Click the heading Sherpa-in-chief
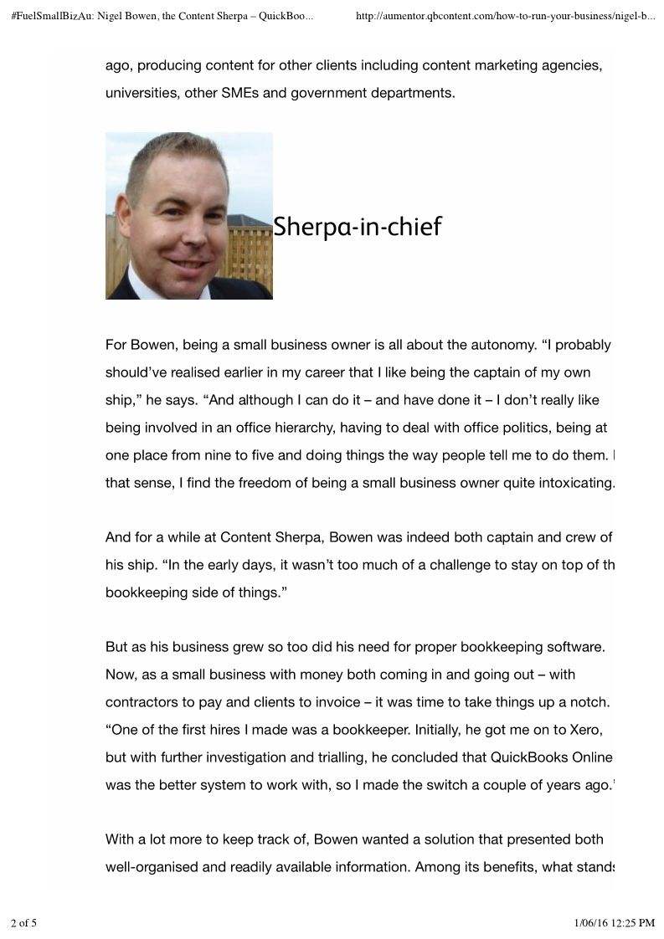[x=358, y=226]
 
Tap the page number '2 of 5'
[x=24, y=923]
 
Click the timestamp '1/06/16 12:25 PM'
[x=615, y=923]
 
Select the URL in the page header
[x=505, y=15]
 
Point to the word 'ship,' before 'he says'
[x=122, y=400]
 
